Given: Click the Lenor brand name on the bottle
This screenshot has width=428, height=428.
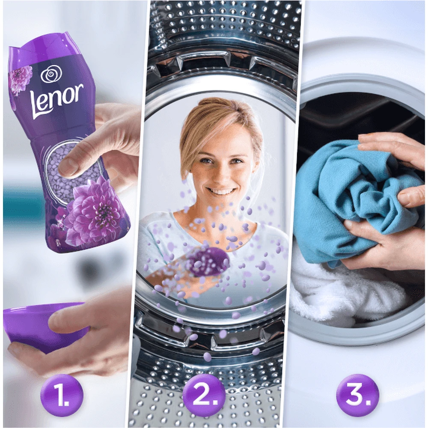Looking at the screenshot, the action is coord(57,101).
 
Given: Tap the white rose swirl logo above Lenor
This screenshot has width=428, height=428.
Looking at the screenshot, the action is coord(51,74).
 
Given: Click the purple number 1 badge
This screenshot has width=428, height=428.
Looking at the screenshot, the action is coord(62,395).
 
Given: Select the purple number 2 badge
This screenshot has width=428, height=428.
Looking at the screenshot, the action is coord(204,395).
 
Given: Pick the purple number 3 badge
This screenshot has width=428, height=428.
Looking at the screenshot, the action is coord(357,395).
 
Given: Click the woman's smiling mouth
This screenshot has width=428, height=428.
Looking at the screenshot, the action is coord(220,190).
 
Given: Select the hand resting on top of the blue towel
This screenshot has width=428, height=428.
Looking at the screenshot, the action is coord(393,149).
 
